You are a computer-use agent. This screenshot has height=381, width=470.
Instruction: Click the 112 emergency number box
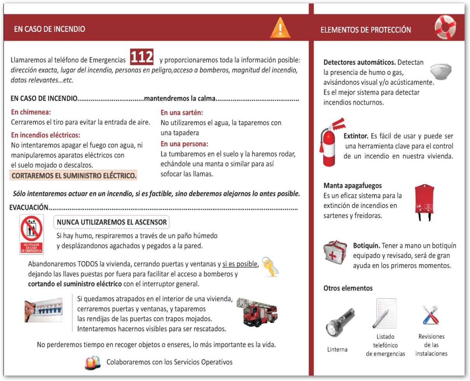tap(142, 57)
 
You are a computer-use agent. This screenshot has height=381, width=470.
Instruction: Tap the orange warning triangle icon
tap(280, 28)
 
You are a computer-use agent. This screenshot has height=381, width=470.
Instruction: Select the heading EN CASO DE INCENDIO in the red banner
tap(49, 29)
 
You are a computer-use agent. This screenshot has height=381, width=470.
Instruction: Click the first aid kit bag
tap(336, 252)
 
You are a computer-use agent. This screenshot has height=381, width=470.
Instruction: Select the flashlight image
tap(339, 322)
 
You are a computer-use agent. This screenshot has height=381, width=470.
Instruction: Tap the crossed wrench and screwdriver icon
tap(430, 315)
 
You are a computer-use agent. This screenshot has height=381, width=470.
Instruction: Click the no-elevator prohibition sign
tap(32, 234)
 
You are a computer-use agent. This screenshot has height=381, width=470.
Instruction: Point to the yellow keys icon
tap(270, 266)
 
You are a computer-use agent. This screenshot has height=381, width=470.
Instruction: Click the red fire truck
tap(257, 312)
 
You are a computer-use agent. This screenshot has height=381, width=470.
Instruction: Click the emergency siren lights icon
tap(93, 363)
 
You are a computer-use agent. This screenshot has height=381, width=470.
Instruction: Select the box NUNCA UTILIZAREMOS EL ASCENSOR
tap(112, 222)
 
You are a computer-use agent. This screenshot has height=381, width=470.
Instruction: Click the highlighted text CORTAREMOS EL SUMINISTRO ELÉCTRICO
tap(74, 176)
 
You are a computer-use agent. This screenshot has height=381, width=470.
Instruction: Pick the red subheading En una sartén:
tap(182, 113)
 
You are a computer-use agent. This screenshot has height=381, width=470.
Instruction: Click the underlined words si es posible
tap(240, 264)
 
